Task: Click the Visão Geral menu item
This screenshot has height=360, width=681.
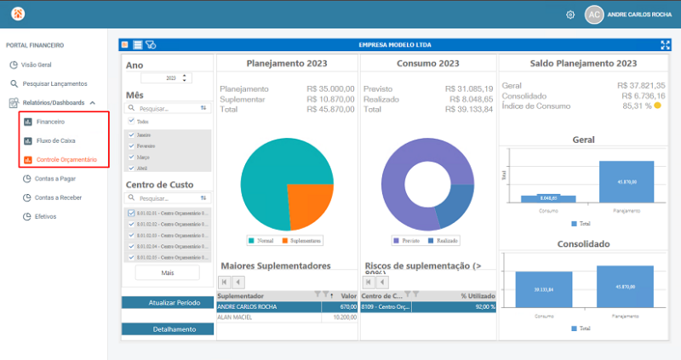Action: pos(36,65)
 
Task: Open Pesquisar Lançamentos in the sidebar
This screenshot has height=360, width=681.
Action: pos(54,83)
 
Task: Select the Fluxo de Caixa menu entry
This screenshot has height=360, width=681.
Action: pos(55,140)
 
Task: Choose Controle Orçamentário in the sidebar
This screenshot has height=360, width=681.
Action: pos(66,159)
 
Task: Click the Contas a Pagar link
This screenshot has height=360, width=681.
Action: pos(55,179)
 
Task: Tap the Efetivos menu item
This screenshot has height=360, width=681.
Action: pos(46,216)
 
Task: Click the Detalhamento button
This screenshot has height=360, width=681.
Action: pos(168,329)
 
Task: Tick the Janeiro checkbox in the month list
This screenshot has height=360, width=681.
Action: pos(131,134)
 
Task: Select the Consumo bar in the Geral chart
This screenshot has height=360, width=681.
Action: pos(549,198)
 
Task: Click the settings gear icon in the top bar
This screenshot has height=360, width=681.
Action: pos(570,14)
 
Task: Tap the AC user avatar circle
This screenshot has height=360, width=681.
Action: pos(594,14)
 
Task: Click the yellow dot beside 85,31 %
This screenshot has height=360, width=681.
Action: pos(658,106)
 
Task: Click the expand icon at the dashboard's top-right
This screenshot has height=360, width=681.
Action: pos(666,44)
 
